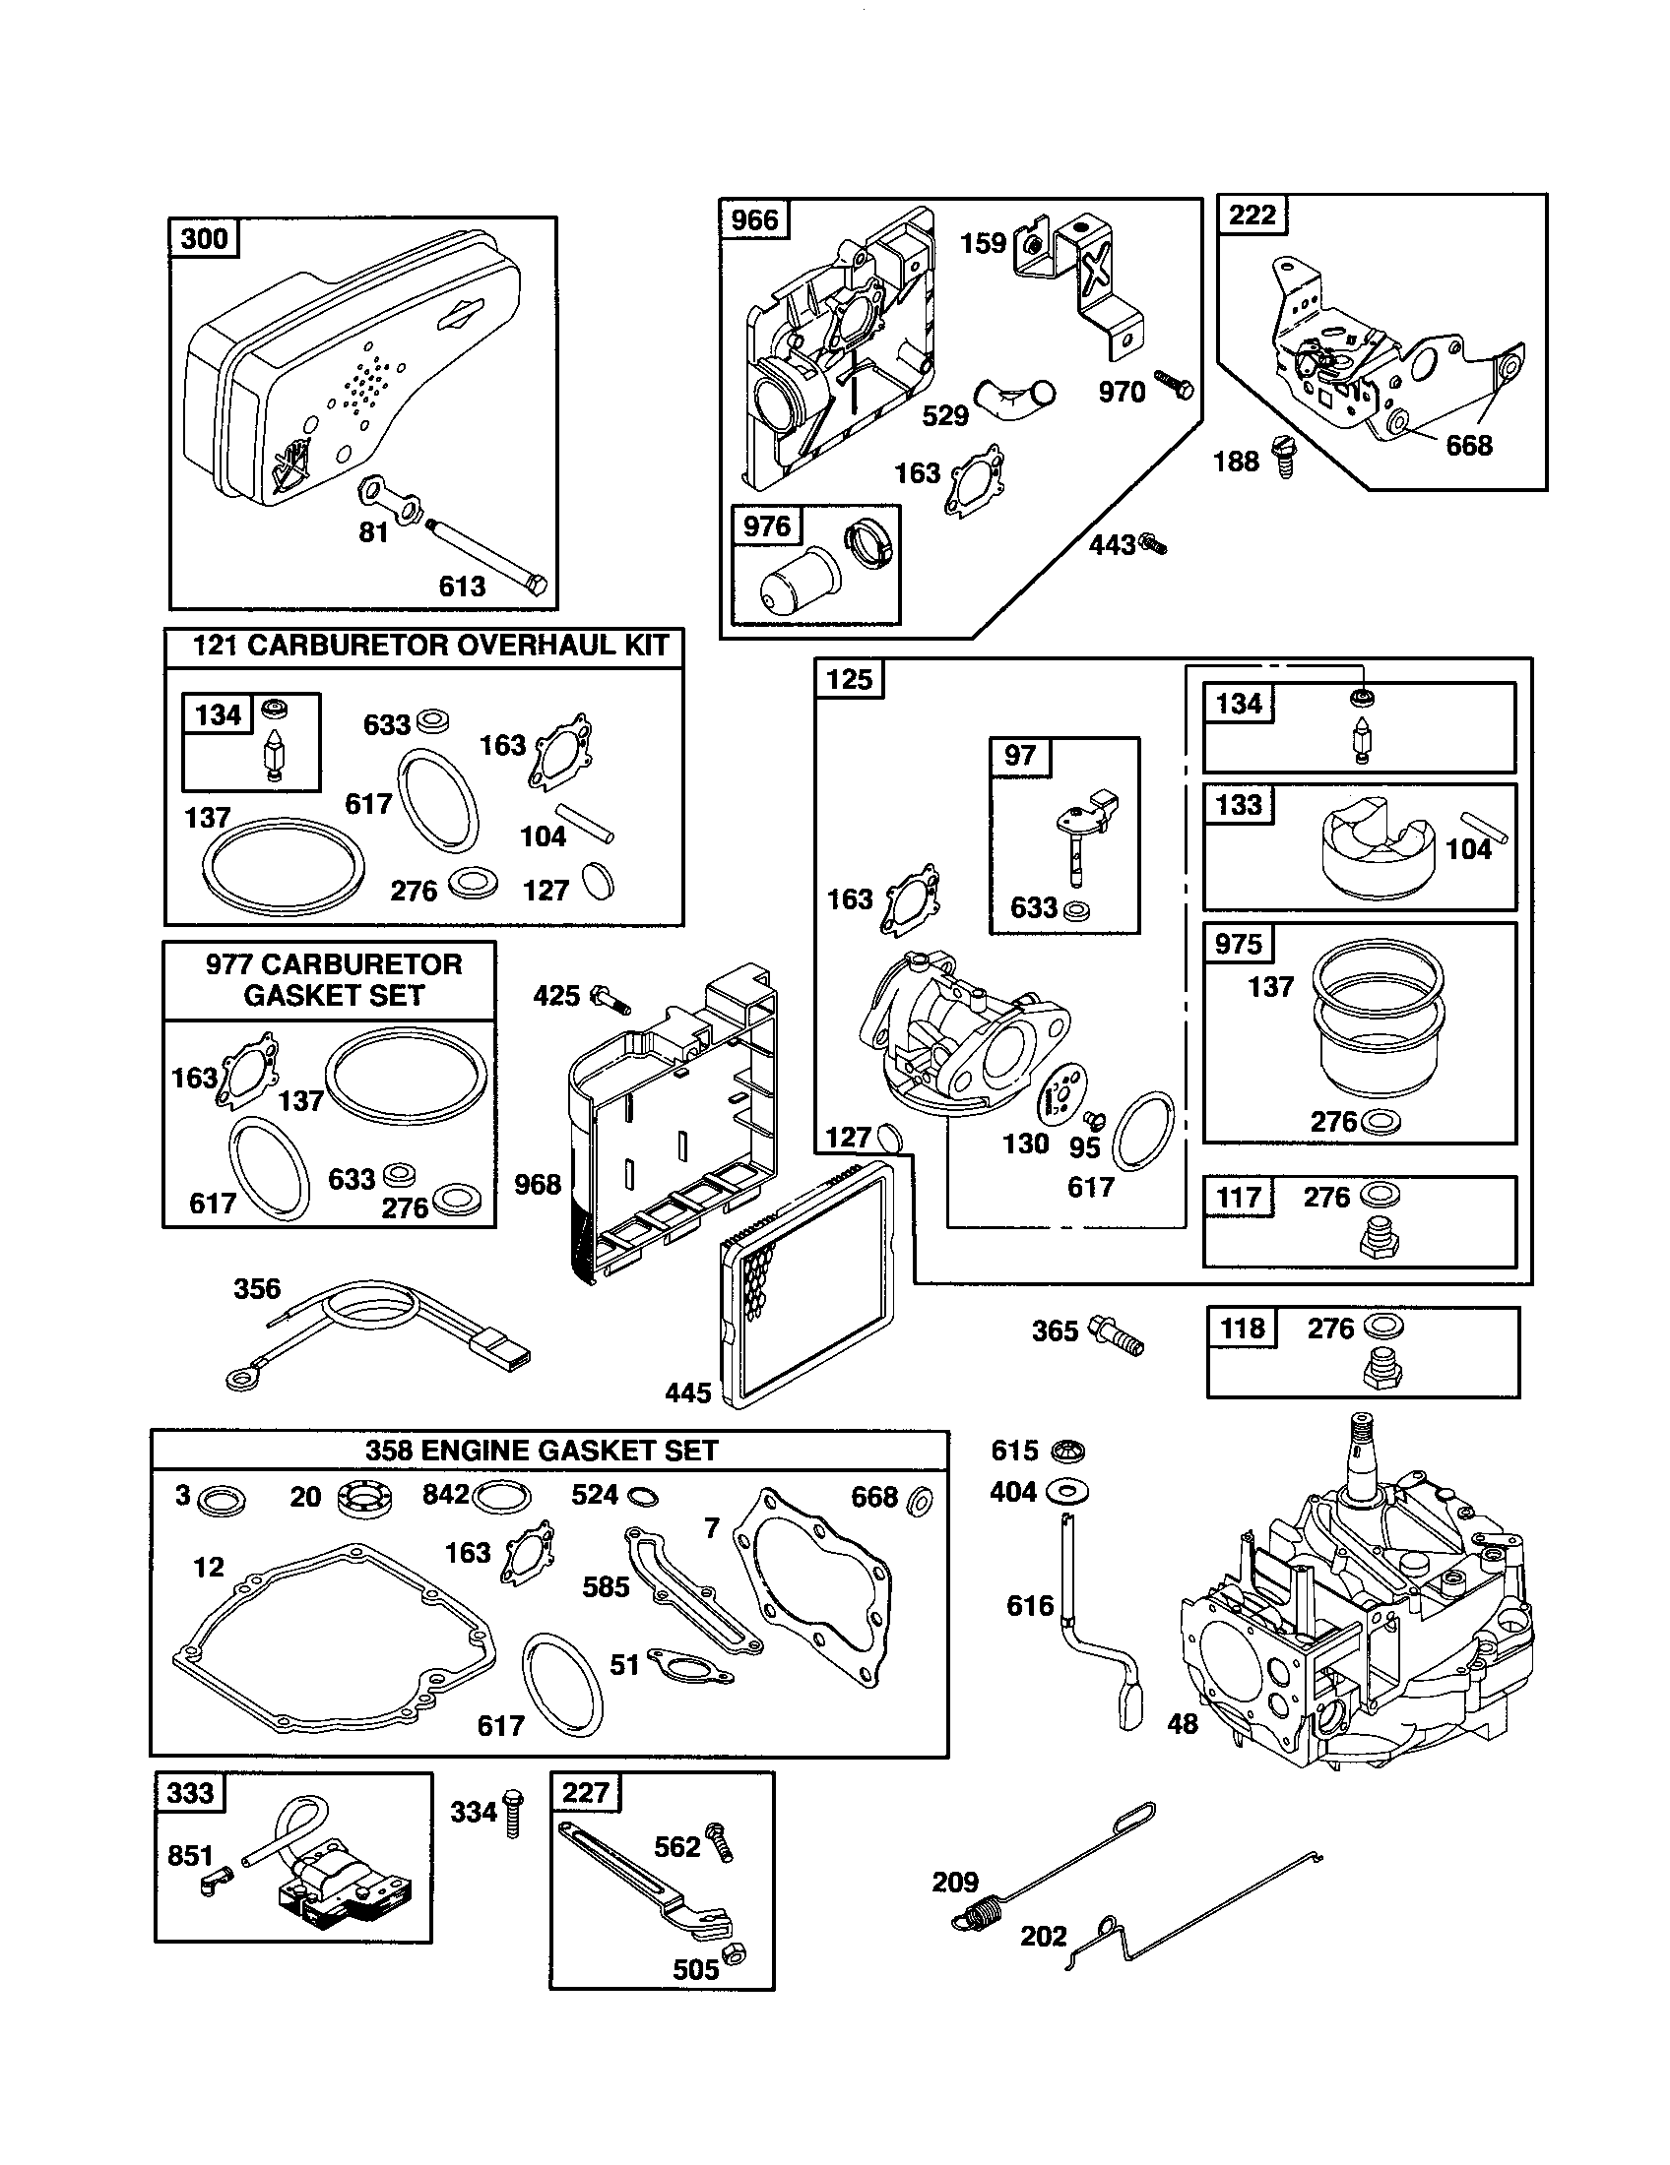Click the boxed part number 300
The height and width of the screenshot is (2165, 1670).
204,239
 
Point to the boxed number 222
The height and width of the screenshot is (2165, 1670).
1252,216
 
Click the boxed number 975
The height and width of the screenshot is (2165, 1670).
1238,943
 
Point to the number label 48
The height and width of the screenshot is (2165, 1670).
1182,1724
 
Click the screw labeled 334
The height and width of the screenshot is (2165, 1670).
513,1812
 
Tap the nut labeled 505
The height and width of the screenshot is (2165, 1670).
734,1953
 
